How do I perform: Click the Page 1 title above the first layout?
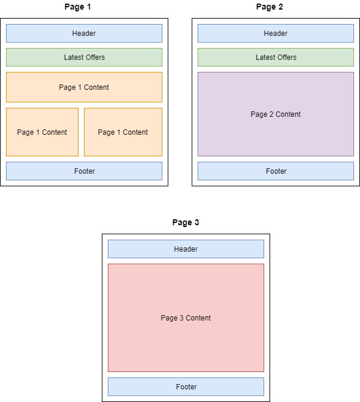pyautogui.click(x=78, y=7)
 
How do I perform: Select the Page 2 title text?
pyautogui.click(x=270, y=7)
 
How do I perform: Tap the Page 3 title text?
pyautogui.click(x=186, y=222)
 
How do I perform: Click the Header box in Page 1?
pyautogui.click(x=84, y=34)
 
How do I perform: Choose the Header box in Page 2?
pyautogui.click(x=276, y=34)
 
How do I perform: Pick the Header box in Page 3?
pyautogui.click(x=186, y=249)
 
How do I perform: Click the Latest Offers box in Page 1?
pyautogui.click(x=84, y=58)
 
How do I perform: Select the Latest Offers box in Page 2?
pyautogui.click(x=276, y=58)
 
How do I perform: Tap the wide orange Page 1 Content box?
pyautogui.click(x=84, y=87)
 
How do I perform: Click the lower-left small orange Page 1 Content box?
pyautogui.click(x=42, y=132)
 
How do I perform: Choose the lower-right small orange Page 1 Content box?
pyautogui.click(x=123, y=132)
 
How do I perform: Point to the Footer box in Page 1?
pyautogui.click(x=84, y=171)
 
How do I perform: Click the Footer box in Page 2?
pyautogui.click(x=276, y=171)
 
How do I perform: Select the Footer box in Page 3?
pyautogui.click(x=186, y=387)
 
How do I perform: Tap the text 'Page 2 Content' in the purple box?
pyautogui.click(x=276, y=114)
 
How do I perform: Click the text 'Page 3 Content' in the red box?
pyautogui.click(x=186, y=318)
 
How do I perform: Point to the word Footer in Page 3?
pyautogui.click(x=186, y=387)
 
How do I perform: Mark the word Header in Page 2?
pyautogui.click(x=276, y=34)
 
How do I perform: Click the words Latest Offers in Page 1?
pyautogui.click(x=84, y=58)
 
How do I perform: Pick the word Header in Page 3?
pyautogui.click(x=186, y=249)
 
